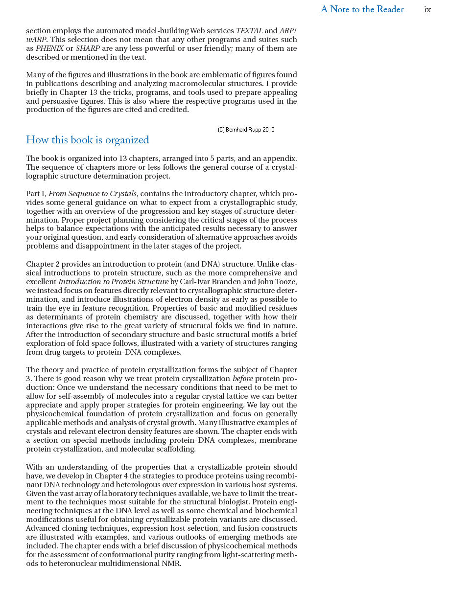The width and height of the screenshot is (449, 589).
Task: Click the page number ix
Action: pos(427,10)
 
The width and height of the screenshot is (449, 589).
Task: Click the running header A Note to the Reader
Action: pos(362,9)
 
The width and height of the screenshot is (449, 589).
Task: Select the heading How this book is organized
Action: pos(87,140)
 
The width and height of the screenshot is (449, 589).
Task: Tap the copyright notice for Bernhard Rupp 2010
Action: pos(246,130)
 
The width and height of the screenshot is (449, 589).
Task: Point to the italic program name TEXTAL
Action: pos(249,31)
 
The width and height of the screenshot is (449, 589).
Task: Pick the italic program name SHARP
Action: pos(88,48)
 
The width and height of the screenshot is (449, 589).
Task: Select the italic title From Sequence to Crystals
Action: pos(93,194)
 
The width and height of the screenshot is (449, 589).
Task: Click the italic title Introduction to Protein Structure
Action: pos(113,282)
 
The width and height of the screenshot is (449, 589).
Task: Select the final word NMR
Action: pos(172,564)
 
